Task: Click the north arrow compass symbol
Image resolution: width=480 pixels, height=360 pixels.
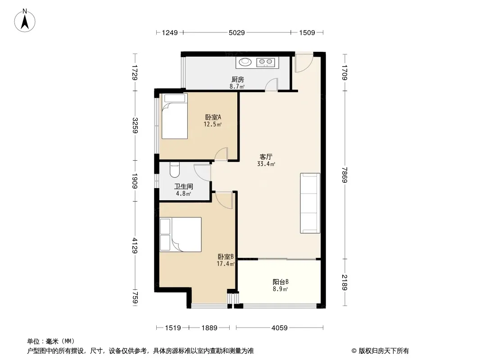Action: coord(25,21)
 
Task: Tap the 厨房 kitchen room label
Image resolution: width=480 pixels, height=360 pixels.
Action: coord(238,80)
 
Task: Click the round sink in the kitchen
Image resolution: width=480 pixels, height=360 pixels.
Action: coord(245,62)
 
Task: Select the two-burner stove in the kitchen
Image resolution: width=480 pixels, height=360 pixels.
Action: coord(266,62)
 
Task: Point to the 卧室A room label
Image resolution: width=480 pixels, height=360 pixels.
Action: coord(213,117)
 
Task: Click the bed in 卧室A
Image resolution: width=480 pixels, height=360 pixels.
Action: coord(175,116)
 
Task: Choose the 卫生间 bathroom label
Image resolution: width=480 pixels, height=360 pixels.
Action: coord(184,186)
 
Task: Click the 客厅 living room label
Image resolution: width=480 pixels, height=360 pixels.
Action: coord(266,157)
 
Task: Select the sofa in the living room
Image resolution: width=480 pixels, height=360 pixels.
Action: coord(310,203)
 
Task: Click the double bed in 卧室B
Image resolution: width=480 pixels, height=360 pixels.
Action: coord(181,234)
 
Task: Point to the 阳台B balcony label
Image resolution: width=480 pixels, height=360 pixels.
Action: coord(281,282)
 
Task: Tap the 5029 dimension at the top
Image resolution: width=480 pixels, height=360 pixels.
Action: coord(237,32)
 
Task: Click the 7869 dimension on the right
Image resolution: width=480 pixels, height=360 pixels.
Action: coord(345,175)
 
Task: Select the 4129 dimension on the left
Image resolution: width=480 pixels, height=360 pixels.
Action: coord(135,246)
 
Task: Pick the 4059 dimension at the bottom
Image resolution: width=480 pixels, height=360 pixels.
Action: coord(280,328)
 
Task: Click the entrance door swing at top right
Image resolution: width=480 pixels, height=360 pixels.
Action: coord(303,62)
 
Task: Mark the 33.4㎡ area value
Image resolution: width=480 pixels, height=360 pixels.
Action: coord(266,164)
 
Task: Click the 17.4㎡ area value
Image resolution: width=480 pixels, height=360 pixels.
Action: coord(226,264)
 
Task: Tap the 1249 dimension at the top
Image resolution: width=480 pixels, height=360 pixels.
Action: coord(170,32)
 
